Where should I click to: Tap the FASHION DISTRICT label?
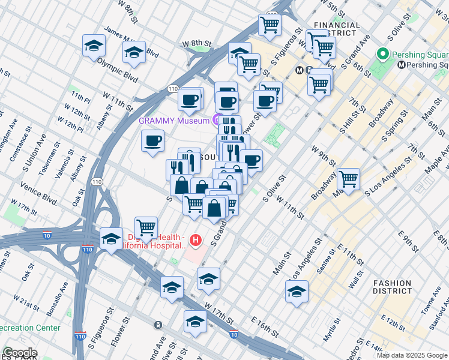[x=392, y=288]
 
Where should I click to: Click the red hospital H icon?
[x=195, y=241]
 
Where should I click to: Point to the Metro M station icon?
[x=301, y=70]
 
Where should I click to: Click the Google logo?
[x=19, y=353]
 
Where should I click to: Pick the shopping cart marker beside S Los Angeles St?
[x=348, y=178]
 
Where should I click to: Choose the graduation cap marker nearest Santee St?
[x=297, y=292]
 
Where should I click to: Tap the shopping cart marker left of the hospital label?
[x=146, y=227]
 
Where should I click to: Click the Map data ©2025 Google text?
[x=412, y=355]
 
